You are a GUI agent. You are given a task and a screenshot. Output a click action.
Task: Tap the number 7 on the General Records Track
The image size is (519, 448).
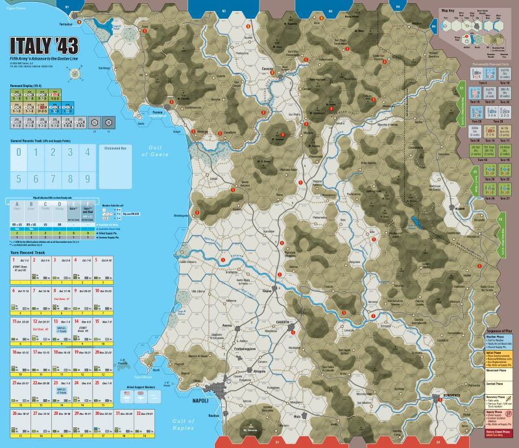tap(62, 178)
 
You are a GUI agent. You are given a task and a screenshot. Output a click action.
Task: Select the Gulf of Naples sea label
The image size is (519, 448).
tap(183, 423)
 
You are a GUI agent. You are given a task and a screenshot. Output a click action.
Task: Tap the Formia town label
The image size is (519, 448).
tap(157, 111)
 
